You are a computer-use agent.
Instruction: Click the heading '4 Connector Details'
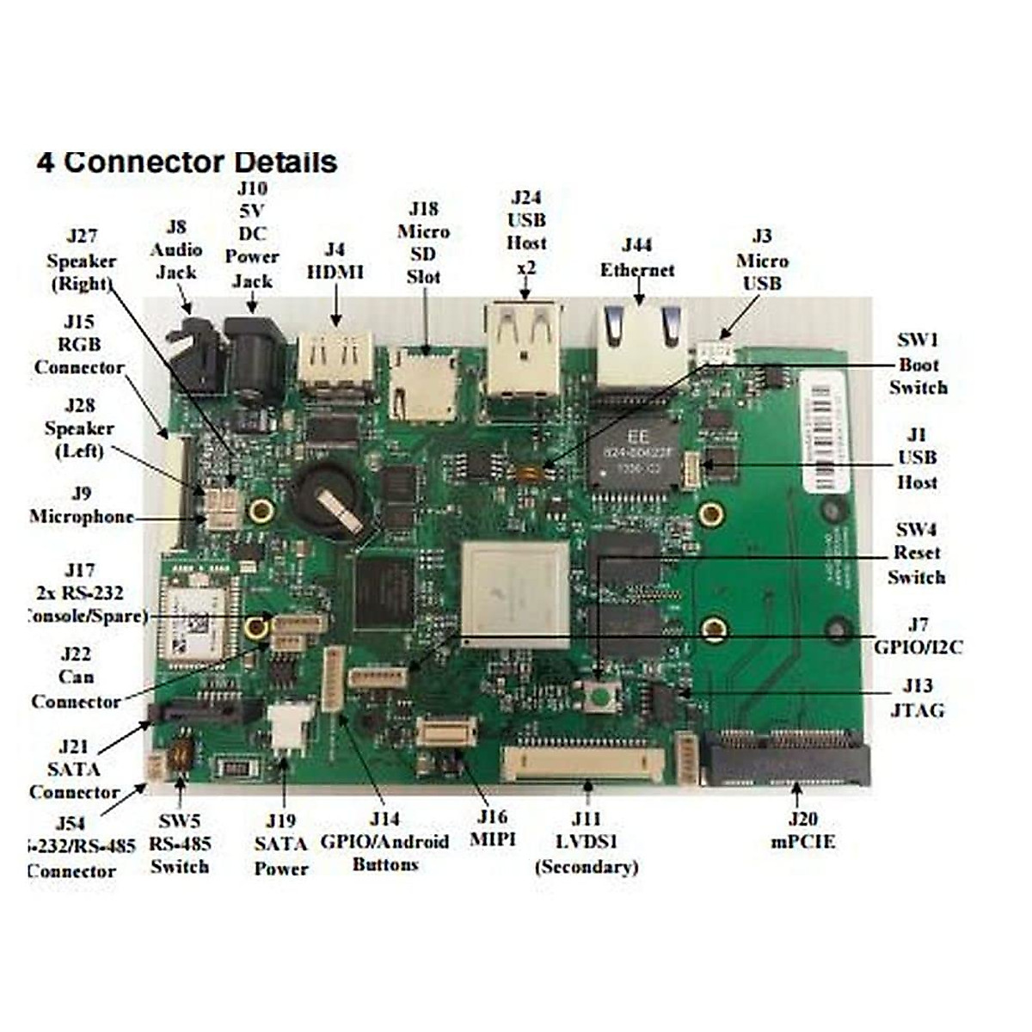187,162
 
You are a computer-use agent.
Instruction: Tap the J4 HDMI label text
335,261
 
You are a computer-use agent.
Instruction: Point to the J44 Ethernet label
637,257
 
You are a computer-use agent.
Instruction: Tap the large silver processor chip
515,594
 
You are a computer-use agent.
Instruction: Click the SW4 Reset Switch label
916,553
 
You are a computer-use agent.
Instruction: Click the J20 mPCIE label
802,830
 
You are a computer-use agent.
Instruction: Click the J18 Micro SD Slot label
423,243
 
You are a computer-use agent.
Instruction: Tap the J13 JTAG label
918,697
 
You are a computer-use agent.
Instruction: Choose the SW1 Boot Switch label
918,364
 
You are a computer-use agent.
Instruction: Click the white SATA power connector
289,727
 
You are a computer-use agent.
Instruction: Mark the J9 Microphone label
82,505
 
